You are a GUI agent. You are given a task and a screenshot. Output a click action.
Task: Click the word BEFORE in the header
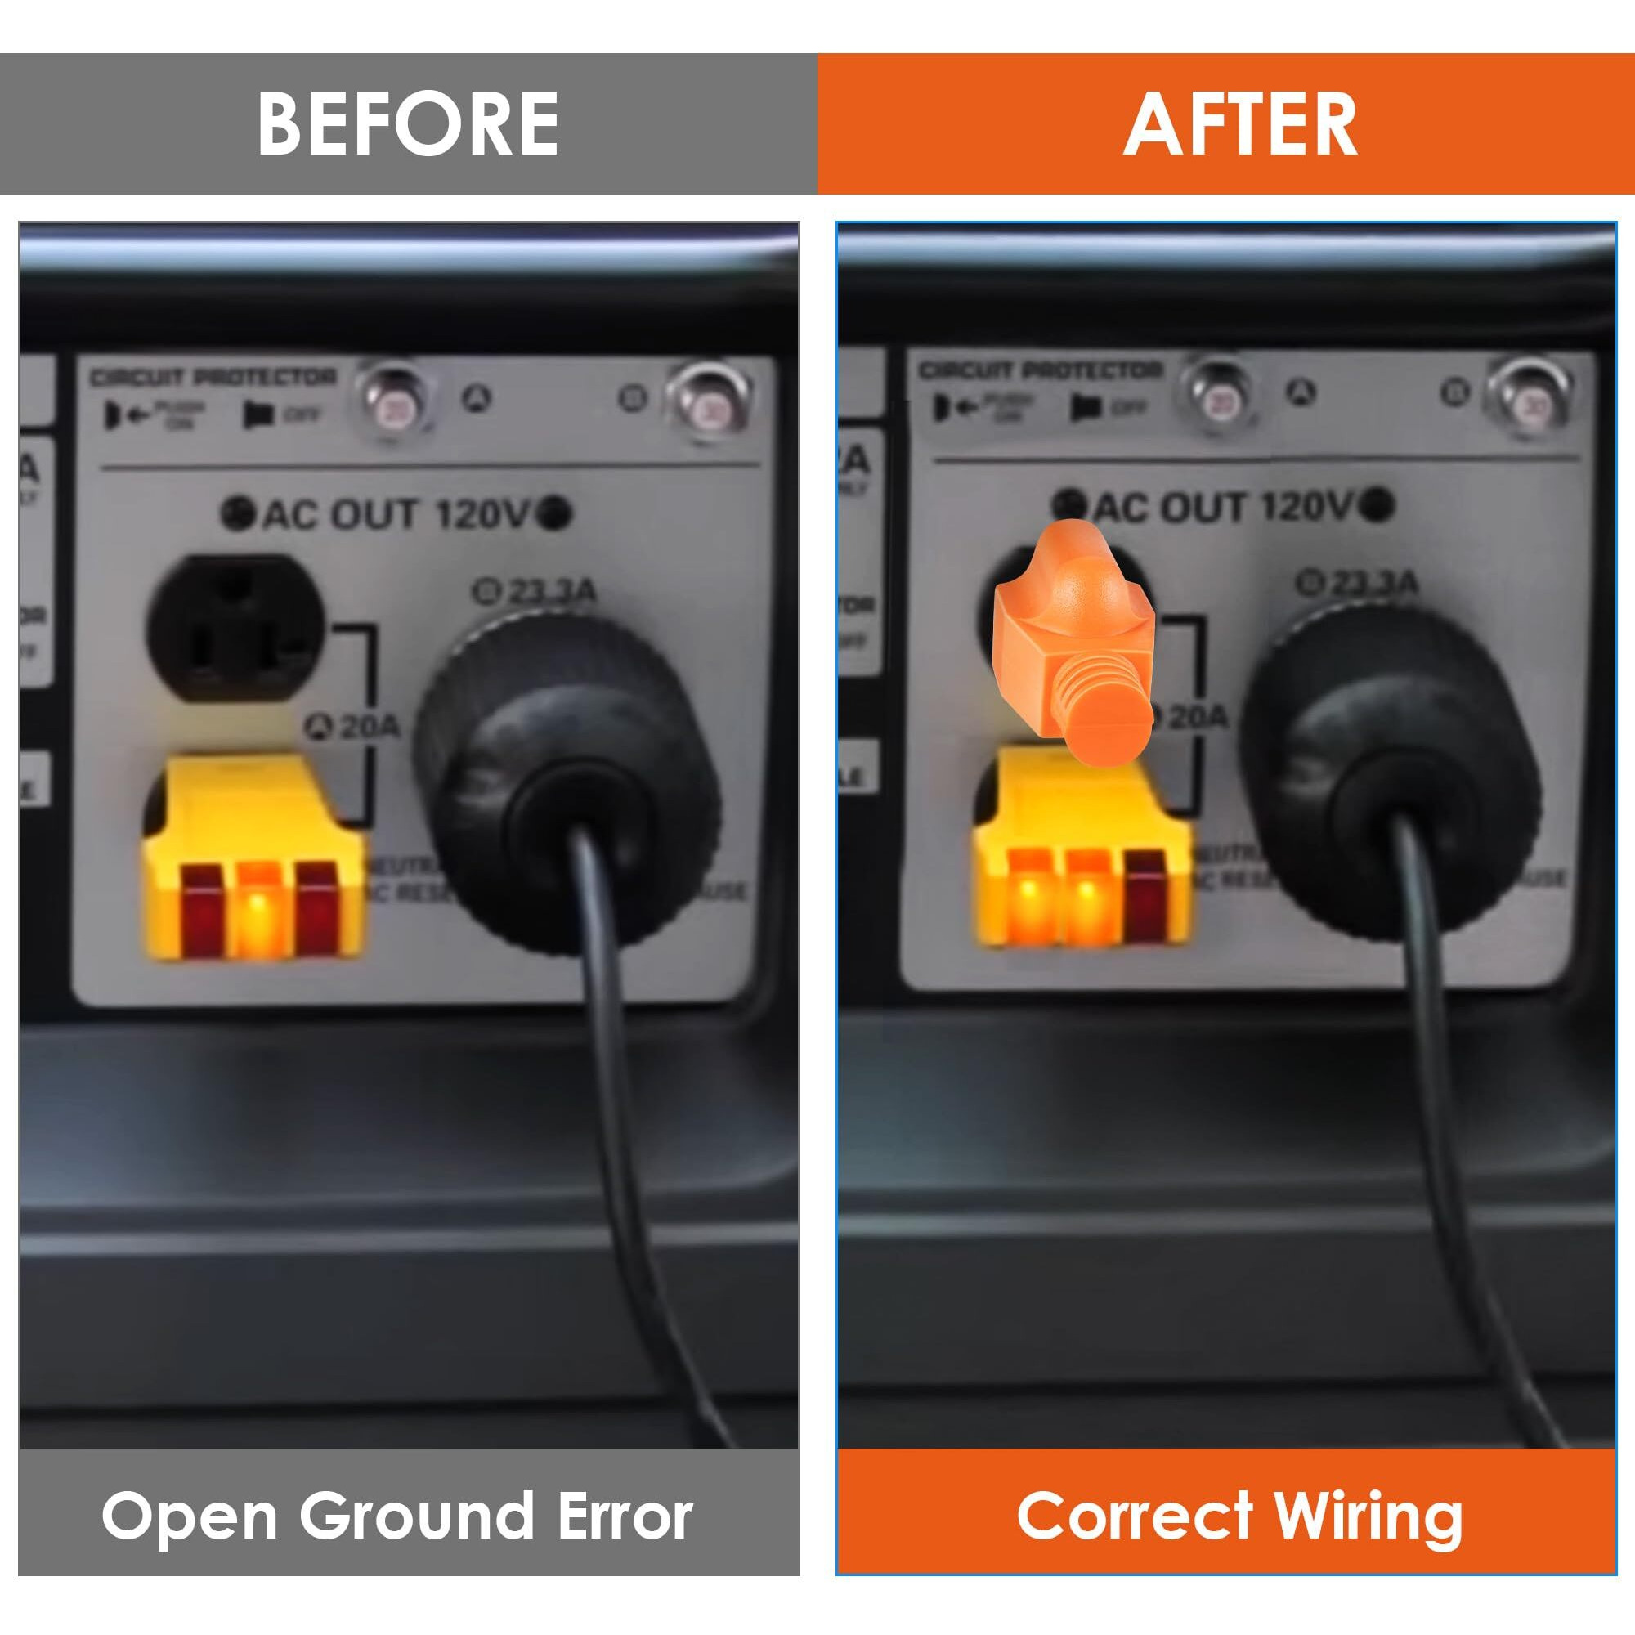coord(407,123)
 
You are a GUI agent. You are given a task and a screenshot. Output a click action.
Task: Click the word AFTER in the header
coord(1240,123)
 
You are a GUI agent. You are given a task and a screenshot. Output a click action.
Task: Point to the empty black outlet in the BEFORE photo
coord(235,628)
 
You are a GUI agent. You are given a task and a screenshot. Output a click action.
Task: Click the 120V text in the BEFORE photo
coord(483,513)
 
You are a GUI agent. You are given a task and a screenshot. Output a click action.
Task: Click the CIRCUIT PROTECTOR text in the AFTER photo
coord(1041,370)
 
